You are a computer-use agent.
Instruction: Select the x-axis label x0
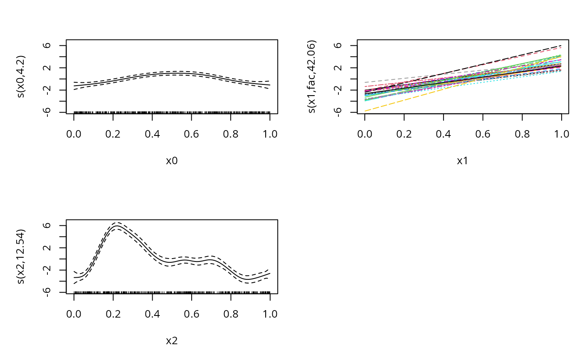pyautogui.click(x=172, y=161)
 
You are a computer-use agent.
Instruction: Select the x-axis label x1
pyautogui.click(x=463, y=161)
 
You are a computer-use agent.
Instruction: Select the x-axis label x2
pyautogui.click(x=172, y=341)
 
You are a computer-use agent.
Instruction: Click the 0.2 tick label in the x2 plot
pyautogui.click(x=113, y=314)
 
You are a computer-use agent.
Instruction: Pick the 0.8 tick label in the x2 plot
pyautogui.click(x=231, y=314)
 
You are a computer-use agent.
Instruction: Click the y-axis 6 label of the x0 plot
pyautogui.click(x=49, y=45)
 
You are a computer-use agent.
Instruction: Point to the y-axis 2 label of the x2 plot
pyautogui.click(x=49, y=248)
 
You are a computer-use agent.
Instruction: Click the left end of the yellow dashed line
pyautogui.click(x=365, y=111)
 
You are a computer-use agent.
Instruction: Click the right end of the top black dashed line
pyautogui.click(x=561, y=45)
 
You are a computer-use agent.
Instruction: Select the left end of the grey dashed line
pyautogui.click(x=365, y=82)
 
